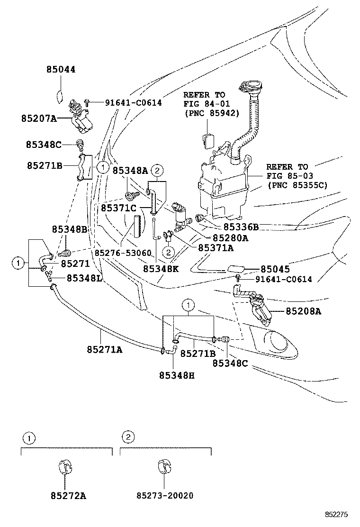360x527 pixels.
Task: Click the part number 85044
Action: pyautogui.click(x=61, y=70)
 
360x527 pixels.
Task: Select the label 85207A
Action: pyautogui.click(x=38, y=118)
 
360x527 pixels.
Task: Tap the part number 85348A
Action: pyautogui.click(x=130, y=170)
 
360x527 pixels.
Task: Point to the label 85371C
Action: pyautogui.click(x=118, y=208)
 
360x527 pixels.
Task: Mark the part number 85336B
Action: pyautogui.click(x=241, y=227)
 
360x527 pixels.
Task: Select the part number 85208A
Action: pyautogui.click(x=304, y=311)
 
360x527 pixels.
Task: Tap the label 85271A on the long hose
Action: pyautogui.click(x=104, y=349)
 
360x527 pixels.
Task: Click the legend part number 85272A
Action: pyautogui.click(x=68, y=496)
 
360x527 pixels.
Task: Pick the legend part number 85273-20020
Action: pyautogui.click(x=165, y=496)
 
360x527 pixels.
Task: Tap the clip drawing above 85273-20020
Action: pyautogui.click(x=164, y=466)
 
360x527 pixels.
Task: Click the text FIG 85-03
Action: pyautogui.click(x=287, y=175)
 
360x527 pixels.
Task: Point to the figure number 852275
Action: pyautogui.click(x=336, y=514)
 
